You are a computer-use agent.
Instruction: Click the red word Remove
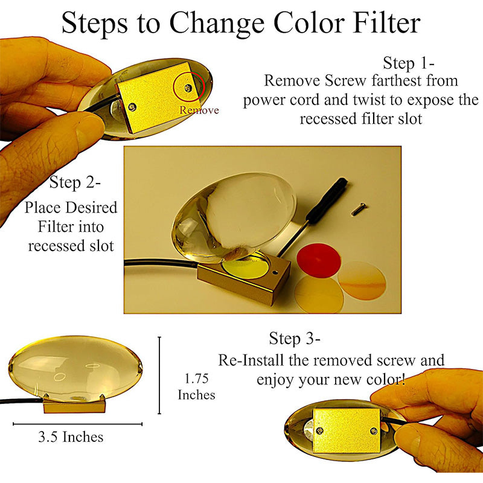(x=199, y=110)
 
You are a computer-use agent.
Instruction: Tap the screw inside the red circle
(x=188, y=88)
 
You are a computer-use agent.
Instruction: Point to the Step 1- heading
(x=409, y=63)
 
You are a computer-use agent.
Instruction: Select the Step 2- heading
(x=75, y=182)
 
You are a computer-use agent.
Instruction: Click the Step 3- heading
(x=295, y=338)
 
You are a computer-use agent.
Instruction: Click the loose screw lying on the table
(x=359, y=209)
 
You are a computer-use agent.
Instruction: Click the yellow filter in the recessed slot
(x=246, y=267)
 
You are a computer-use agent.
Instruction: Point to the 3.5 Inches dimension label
(x=71, y=437)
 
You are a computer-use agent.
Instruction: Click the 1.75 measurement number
(x=197, y=379)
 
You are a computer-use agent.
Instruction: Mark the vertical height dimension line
(x=159, y=375)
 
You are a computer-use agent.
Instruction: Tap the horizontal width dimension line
(x=78, y=424)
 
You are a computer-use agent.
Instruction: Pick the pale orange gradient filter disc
(x=362, y=281)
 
